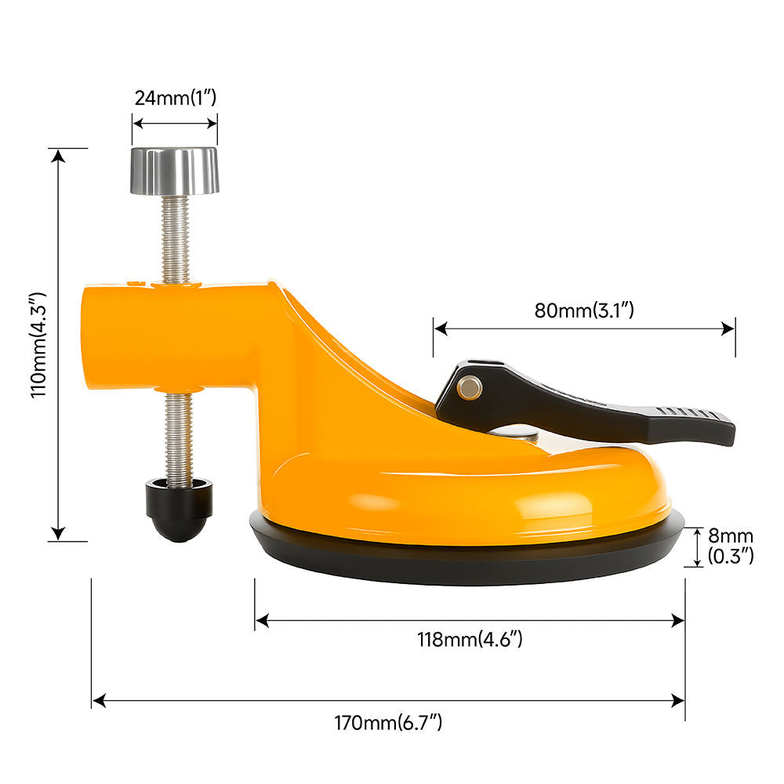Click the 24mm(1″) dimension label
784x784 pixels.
click(174, 98)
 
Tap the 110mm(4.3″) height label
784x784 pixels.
click(40, 345)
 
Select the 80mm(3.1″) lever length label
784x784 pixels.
click(584, 309)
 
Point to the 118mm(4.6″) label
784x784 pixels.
click(470, 639)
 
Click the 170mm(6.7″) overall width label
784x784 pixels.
click(389, 722)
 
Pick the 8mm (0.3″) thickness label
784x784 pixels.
click(730, 546)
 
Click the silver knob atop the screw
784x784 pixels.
click(174, 170)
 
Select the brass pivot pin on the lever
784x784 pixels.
click(470, 385)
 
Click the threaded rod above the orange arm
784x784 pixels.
click(176, 238)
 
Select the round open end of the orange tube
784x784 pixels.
click(91, 337)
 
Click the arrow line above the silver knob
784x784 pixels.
click(174, 122)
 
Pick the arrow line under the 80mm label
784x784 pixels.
click(584, 328)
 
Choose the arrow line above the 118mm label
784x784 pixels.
click(470, 620)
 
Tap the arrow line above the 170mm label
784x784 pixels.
click(389, 701)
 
